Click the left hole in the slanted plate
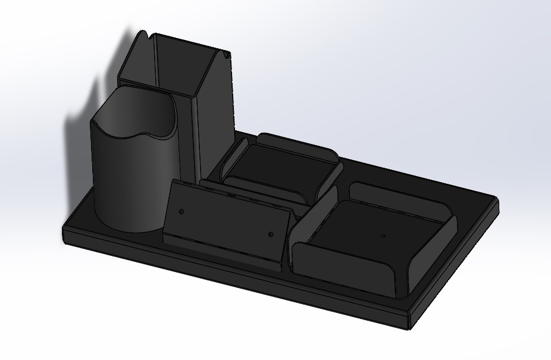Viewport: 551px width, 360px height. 181,211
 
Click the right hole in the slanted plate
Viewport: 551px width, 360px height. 271,235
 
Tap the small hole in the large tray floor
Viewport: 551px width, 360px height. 382,236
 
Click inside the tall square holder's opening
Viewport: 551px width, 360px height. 179,65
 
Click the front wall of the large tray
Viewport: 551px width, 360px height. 345,271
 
